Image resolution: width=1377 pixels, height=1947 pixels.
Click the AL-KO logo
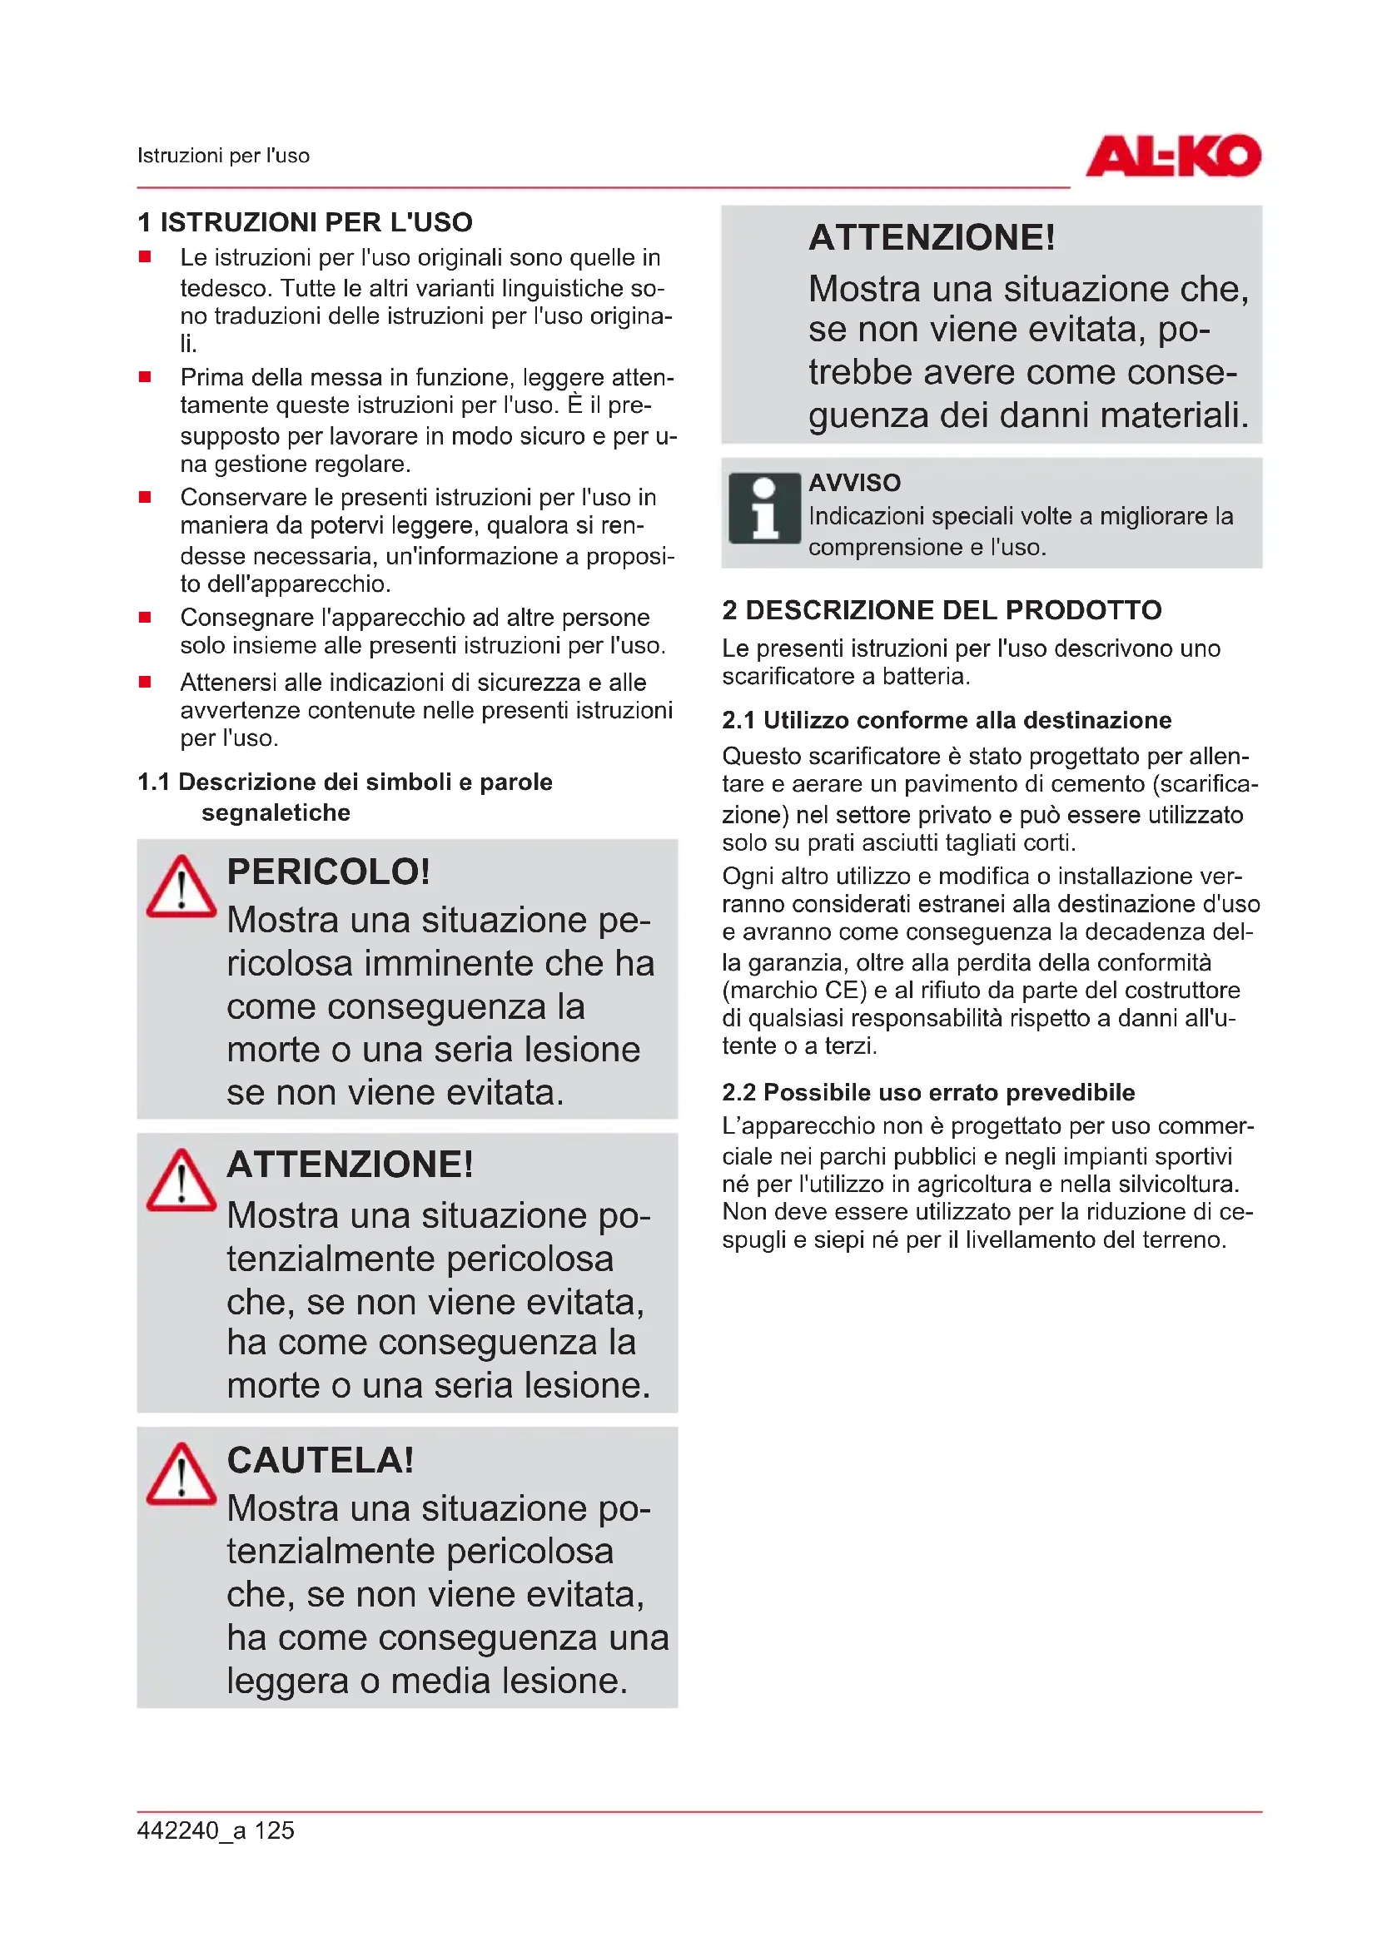pos(1173,156)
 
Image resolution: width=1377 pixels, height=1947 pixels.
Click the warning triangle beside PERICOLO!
pos(181,887)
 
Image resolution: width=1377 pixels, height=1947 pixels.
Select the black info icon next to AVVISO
pos(764,508)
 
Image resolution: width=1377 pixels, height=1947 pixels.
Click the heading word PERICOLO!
pos(328,872)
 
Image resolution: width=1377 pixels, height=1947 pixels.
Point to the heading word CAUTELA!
pos(321,1460)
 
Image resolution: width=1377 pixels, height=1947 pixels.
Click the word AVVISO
pos(854,483)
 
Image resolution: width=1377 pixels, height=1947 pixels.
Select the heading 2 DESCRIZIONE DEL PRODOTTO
pos(942,609)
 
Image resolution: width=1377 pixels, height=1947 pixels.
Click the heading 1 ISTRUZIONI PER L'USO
pos(306,222)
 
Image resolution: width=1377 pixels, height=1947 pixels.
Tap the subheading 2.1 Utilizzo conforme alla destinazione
pos(947,720)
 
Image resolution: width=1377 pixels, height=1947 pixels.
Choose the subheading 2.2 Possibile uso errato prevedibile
pos(927,1092)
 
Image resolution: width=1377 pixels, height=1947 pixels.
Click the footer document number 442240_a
pos(191,1830)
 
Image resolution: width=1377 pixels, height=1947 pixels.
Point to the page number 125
pos(274,1830)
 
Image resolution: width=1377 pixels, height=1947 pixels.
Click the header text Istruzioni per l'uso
pos(224,156)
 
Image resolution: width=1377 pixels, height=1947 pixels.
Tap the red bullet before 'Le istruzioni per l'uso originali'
pos(145,257)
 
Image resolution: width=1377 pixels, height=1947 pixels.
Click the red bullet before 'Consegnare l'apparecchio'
pos(145,618)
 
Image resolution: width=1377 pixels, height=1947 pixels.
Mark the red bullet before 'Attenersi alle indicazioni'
pos(145,682)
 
